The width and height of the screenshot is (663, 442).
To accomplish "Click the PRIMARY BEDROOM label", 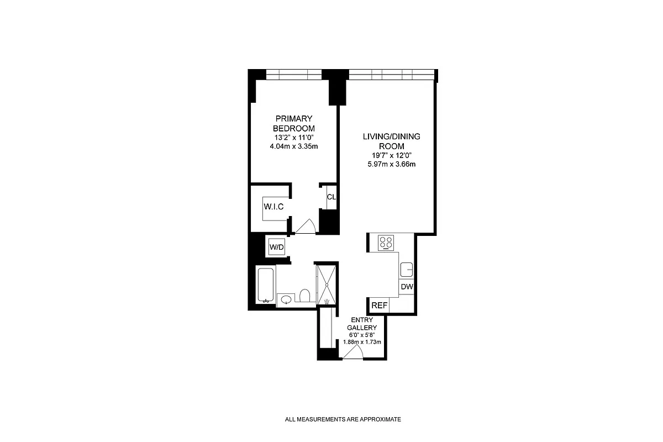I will pos(294,123).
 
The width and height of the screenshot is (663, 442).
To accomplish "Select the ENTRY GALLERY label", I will pos(362,323).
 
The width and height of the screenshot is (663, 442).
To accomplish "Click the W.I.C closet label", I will pos(273,207).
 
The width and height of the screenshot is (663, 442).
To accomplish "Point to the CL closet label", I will pos(331,197).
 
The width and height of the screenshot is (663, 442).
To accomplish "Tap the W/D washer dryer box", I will pos(276,247).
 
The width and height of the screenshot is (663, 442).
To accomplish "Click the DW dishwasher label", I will pos(407,287).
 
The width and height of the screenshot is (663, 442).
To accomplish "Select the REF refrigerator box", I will pos(379,306).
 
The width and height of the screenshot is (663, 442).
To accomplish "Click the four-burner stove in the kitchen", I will pos(386,243).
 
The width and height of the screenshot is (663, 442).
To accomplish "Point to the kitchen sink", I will pos(407,269).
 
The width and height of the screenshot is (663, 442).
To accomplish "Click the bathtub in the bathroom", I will pos(265,285).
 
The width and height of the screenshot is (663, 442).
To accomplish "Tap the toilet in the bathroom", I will pos(304,296).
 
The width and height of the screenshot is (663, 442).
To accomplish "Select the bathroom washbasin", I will pos(286,299).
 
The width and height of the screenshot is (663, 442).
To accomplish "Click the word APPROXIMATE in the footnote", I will pos(380,419).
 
